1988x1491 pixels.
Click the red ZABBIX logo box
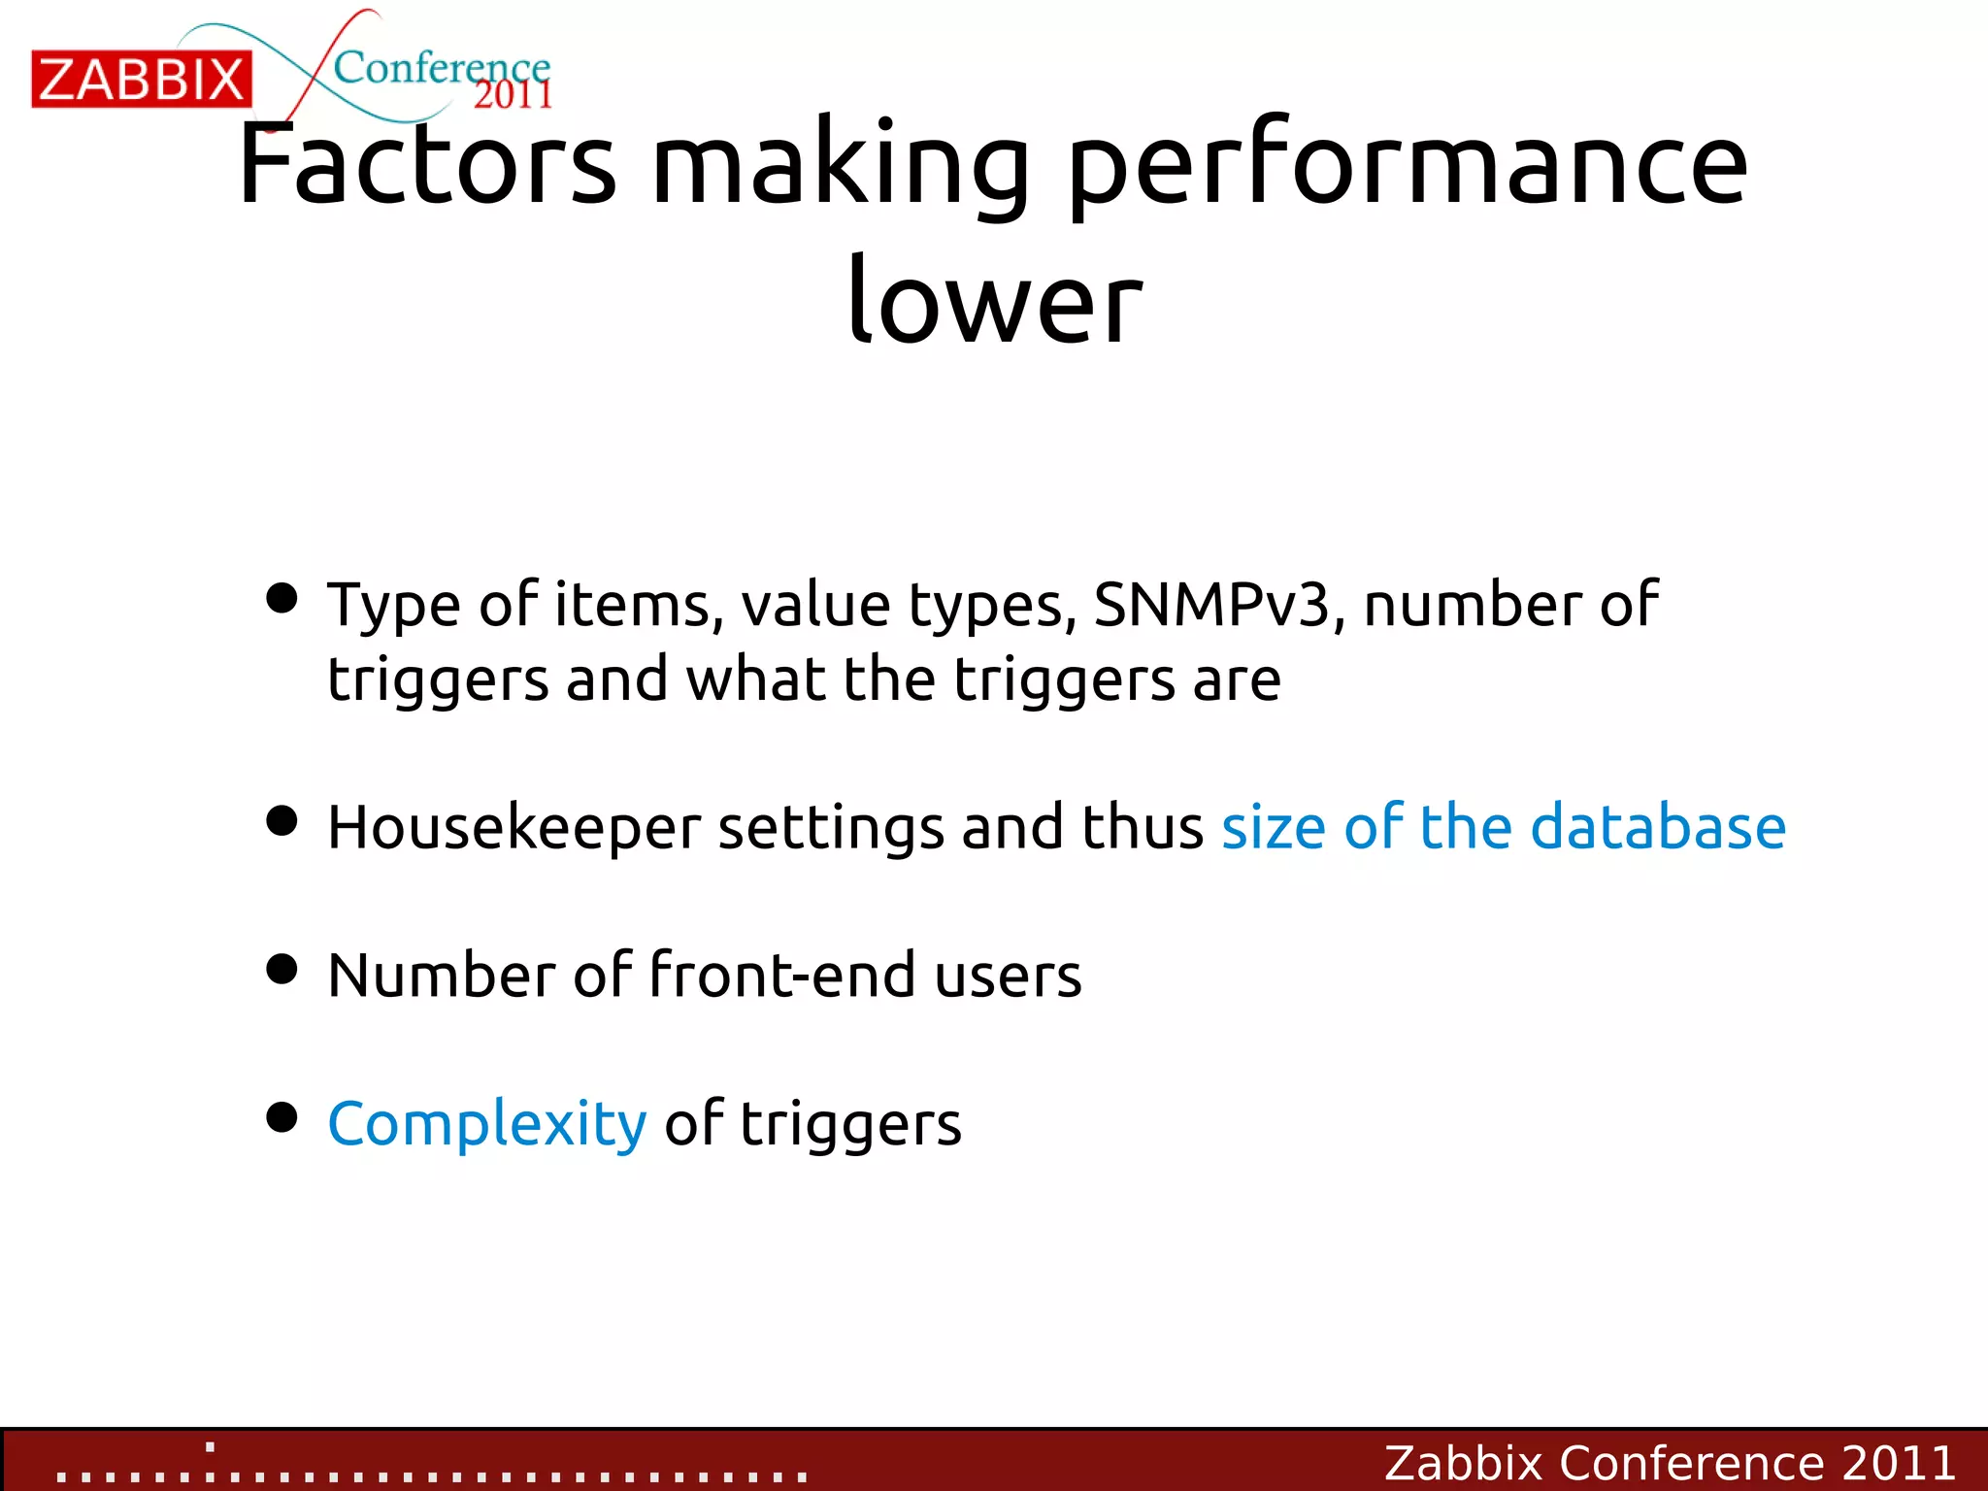point(142,79)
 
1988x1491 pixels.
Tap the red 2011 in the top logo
point(513,95)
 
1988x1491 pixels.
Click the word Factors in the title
point(427,165)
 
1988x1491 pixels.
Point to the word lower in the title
point(994,301)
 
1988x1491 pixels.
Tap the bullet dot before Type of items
point(282,598)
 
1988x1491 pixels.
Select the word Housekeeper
point(514,828)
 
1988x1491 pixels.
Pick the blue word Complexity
point(486,1124)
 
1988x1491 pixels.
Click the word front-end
point(781,975)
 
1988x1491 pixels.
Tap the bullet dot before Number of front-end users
point(282,969)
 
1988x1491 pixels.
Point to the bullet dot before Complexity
point(282,1117)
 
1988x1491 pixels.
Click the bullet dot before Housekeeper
point(282,821)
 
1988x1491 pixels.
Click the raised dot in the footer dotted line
point(211,1447)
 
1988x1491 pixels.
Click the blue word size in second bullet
point(1273,828)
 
